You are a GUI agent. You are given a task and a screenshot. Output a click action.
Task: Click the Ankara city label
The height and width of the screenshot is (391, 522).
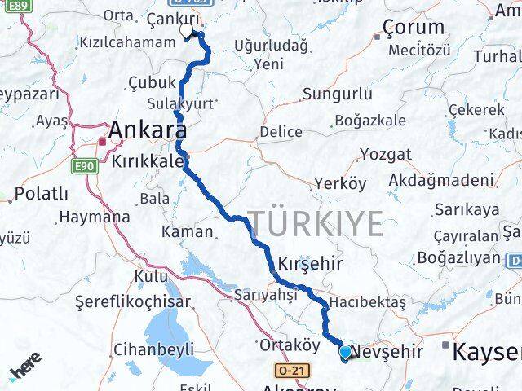(x=147, y=130)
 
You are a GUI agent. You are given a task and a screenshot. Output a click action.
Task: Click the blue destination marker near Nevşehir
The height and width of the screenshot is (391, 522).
(x=345, y=353)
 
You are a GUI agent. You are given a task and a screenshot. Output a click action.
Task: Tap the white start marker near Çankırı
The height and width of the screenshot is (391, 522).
(x=188, y=31)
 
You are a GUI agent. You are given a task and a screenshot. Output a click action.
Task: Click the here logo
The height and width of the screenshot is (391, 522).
(x=28, y=371)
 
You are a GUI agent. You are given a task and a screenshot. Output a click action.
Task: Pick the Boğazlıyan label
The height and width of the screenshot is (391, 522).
(x=458, y=257)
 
